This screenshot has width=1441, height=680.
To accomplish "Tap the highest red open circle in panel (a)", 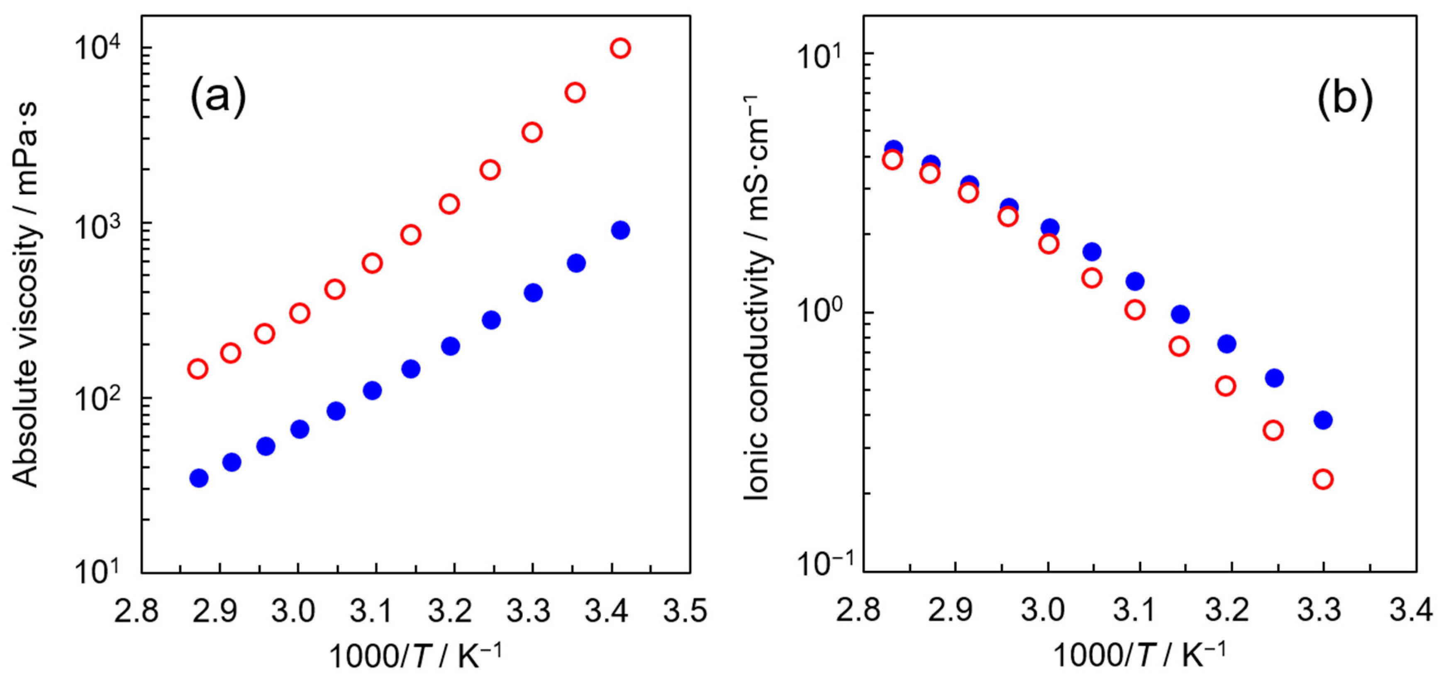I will pyautogui.click(x=620, y=48).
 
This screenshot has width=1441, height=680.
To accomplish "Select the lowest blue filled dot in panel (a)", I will pyautogui.click(x=199, y=478).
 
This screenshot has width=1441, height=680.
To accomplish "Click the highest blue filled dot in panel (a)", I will pyautogui.click(x=620, y=230).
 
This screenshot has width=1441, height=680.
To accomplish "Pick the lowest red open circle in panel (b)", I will pyautogui.click(x=1323, y=479).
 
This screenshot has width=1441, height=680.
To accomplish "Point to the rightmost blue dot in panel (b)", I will pyautogui.click(x=1323, y=420).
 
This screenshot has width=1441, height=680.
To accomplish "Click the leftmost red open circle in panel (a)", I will pyautogui.click(x=197, y=369).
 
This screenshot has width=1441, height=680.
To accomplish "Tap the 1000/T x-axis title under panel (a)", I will pyautogui.click(x=415, y=656).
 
